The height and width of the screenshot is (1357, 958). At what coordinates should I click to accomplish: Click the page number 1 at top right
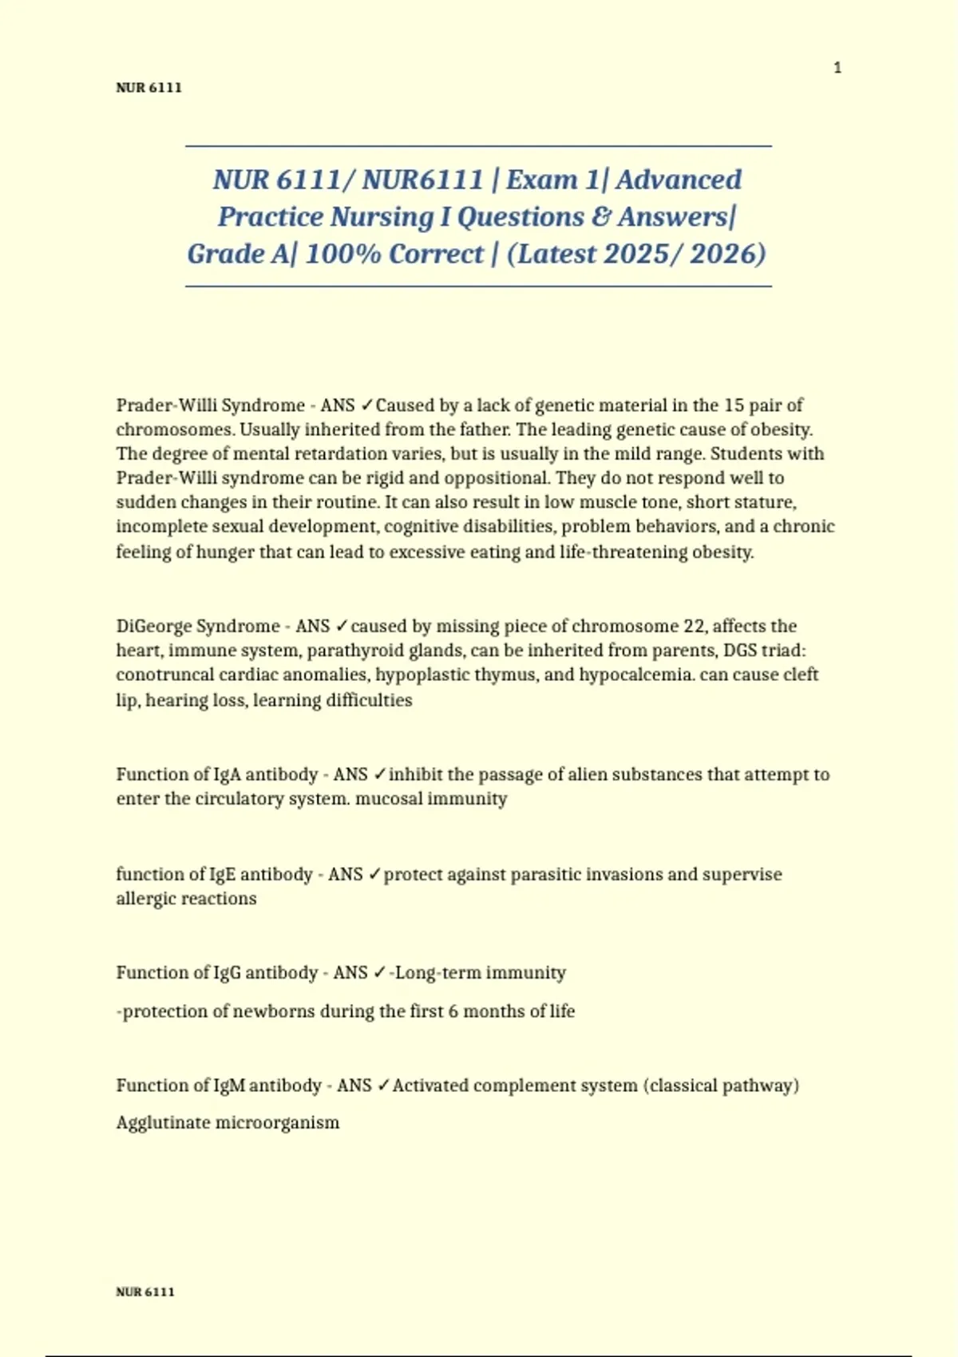pyautogui.click(x=837, y=68)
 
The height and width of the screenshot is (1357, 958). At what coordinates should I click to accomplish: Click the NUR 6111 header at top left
pyautogui.click(x=148, y=88)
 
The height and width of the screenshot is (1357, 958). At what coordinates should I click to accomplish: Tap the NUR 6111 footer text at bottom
pyautogui.click(x=144, y=1292)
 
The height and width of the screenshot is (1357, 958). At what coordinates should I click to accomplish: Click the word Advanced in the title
pyautogui.click(x=679, y=180)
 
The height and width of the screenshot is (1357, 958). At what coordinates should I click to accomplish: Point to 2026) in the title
pyautogui.click(x=728, y=254)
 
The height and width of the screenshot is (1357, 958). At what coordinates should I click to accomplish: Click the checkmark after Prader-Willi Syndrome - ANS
pyautogui.click(x=366, y=406)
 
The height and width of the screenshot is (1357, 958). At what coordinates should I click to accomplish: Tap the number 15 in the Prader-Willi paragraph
pyautogui.click(x=734, y=406)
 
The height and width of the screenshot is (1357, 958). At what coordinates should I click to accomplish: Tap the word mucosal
pyautogui.click(x=389, y=799)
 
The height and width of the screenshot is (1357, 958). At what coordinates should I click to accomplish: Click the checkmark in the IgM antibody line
pyautogui.click(x=383, y=1086)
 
